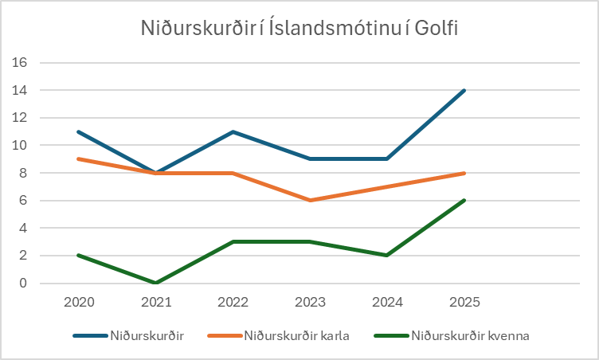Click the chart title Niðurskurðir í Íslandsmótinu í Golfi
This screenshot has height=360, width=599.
(x=299, y=29)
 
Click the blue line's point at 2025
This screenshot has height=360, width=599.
(x=464, y=90)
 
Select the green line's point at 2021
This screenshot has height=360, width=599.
(x=157, y=283)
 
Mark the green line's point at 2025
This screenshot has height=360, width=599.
(x=464, y=200)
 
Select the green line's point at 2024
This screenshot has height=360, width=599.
(x=387, y=255)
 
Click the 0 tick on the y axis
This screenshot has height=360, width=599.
(x=23, y=284)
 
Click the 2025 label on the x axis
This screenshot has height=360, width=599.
(x=464, y=303)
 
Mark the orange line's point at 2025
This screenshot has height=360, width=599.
(x=464, y=173)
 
